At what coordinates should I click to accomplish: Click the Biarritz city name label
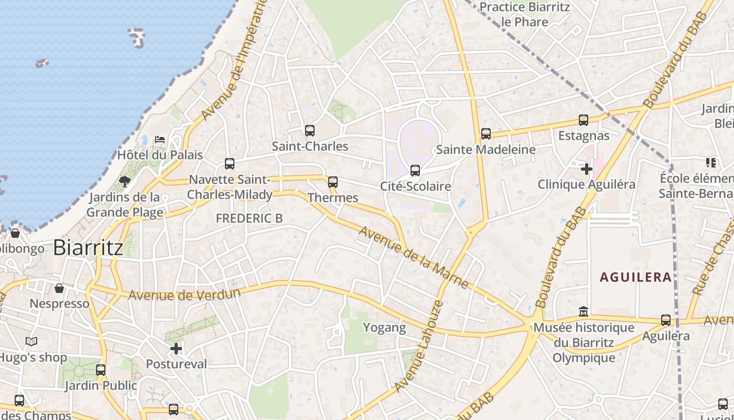pos(88,247)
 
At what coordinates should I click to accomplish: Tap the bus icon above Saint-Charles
pos(310,130)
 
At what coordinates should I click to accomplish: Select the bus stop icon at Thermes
pos(333,182)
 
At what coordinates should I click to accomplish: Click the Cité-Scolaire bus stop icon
pos(415,170)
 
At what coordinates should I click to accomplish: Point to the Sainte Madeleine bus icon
pos(486,134)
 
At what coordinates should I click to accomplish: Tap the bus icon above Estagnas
pos(584,120)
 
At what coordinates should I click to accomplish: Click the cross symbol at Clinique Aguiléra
pos(587,169)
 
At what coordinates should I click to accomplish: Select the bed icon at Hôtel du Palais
pos(160,140)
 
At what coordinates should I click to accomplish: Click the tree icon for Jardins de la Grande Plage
pos(125,182)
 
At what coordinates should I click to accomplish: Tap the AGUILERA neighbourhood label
pos(636,277)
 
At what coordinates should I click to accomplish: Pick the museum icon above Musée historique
pos(584,312)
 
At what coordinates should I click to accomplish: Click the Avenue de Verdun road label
pos(185,295)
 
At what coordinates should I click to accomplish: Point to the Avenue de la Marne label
pos(414,257)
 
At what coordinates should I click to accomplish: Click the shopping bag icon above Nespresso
pos(60,288)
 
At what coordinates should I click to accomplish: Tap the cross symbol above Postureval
pos(176,348)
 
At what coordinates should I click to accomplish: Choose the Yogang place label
pos(385,328)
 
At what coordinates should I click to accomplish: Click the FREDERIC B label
pos(249,218)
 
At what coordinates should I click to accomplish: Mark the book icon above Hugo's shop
pos(31,342)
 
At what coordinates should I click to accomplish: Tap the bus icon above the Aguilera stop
pos(666,320)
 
